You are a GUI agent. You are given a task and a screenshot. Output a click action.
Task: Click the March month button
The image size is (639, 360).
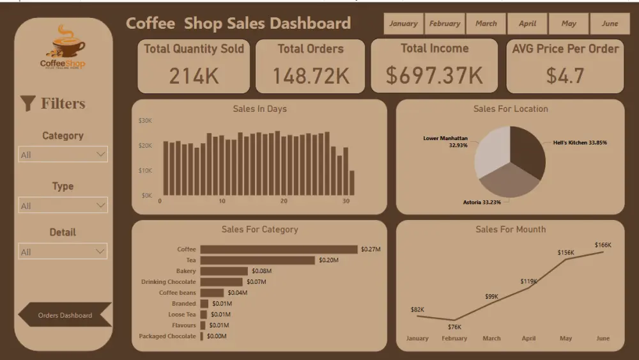[486, 24]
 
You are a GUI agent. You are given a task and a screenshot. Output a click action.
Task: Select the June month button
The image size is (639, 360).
[610, 24]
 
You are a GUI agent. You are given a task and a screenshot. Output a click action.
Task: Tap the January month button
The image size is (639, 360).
[403, 24]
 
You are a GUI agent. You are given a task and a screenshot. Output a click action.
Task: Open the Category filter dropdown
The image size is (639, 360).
[63, 154]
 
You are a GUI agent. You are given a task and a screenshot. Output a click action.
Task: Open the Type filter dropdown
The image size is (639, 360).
[63, 205]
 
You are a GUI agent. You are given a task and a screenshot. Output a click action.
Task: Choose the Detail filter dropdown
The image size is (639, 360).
[63, 251]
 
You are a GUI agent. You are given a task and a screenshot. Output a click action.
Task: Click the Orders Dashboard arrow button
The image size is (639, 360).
[65, 315]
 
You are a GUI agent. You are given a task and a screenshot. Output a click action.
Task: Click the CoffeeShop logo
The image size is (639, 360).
[63, 48]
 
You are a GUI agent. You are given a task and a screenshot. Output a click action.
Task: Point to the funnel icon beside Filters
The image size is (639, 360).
[27, 104]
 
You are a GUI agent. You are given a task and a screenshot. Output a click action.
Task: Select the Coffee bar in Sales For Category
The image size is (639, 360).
[279, 249]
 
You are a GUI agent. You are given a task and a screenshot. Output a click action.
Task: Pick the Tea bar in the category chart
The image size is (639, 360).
[258, 260]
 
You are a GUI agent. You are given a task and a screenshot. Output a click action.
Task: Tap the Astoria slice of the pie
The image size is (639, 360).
[509, 182]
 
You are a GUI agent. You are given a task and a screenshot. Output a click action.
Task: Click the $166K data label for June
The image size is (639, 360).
[603, 245]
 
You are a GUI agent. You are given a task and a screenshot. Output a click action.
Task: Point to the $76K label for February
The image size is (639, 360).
[454, 327]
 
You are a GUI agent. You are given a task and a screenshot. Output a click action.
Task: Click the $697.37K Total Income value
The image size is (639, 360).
[434, 75]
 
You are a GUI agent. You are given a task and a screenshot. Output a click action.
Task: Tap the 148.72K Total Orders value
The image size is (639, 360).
[311, 76]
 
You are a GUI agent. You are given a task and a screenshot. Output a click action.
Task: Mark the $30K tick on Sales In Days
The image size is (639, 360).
[145, 120]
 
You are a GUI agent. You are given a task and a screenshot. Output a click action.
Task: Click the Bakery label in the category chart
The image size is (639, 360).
[186, 271]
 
